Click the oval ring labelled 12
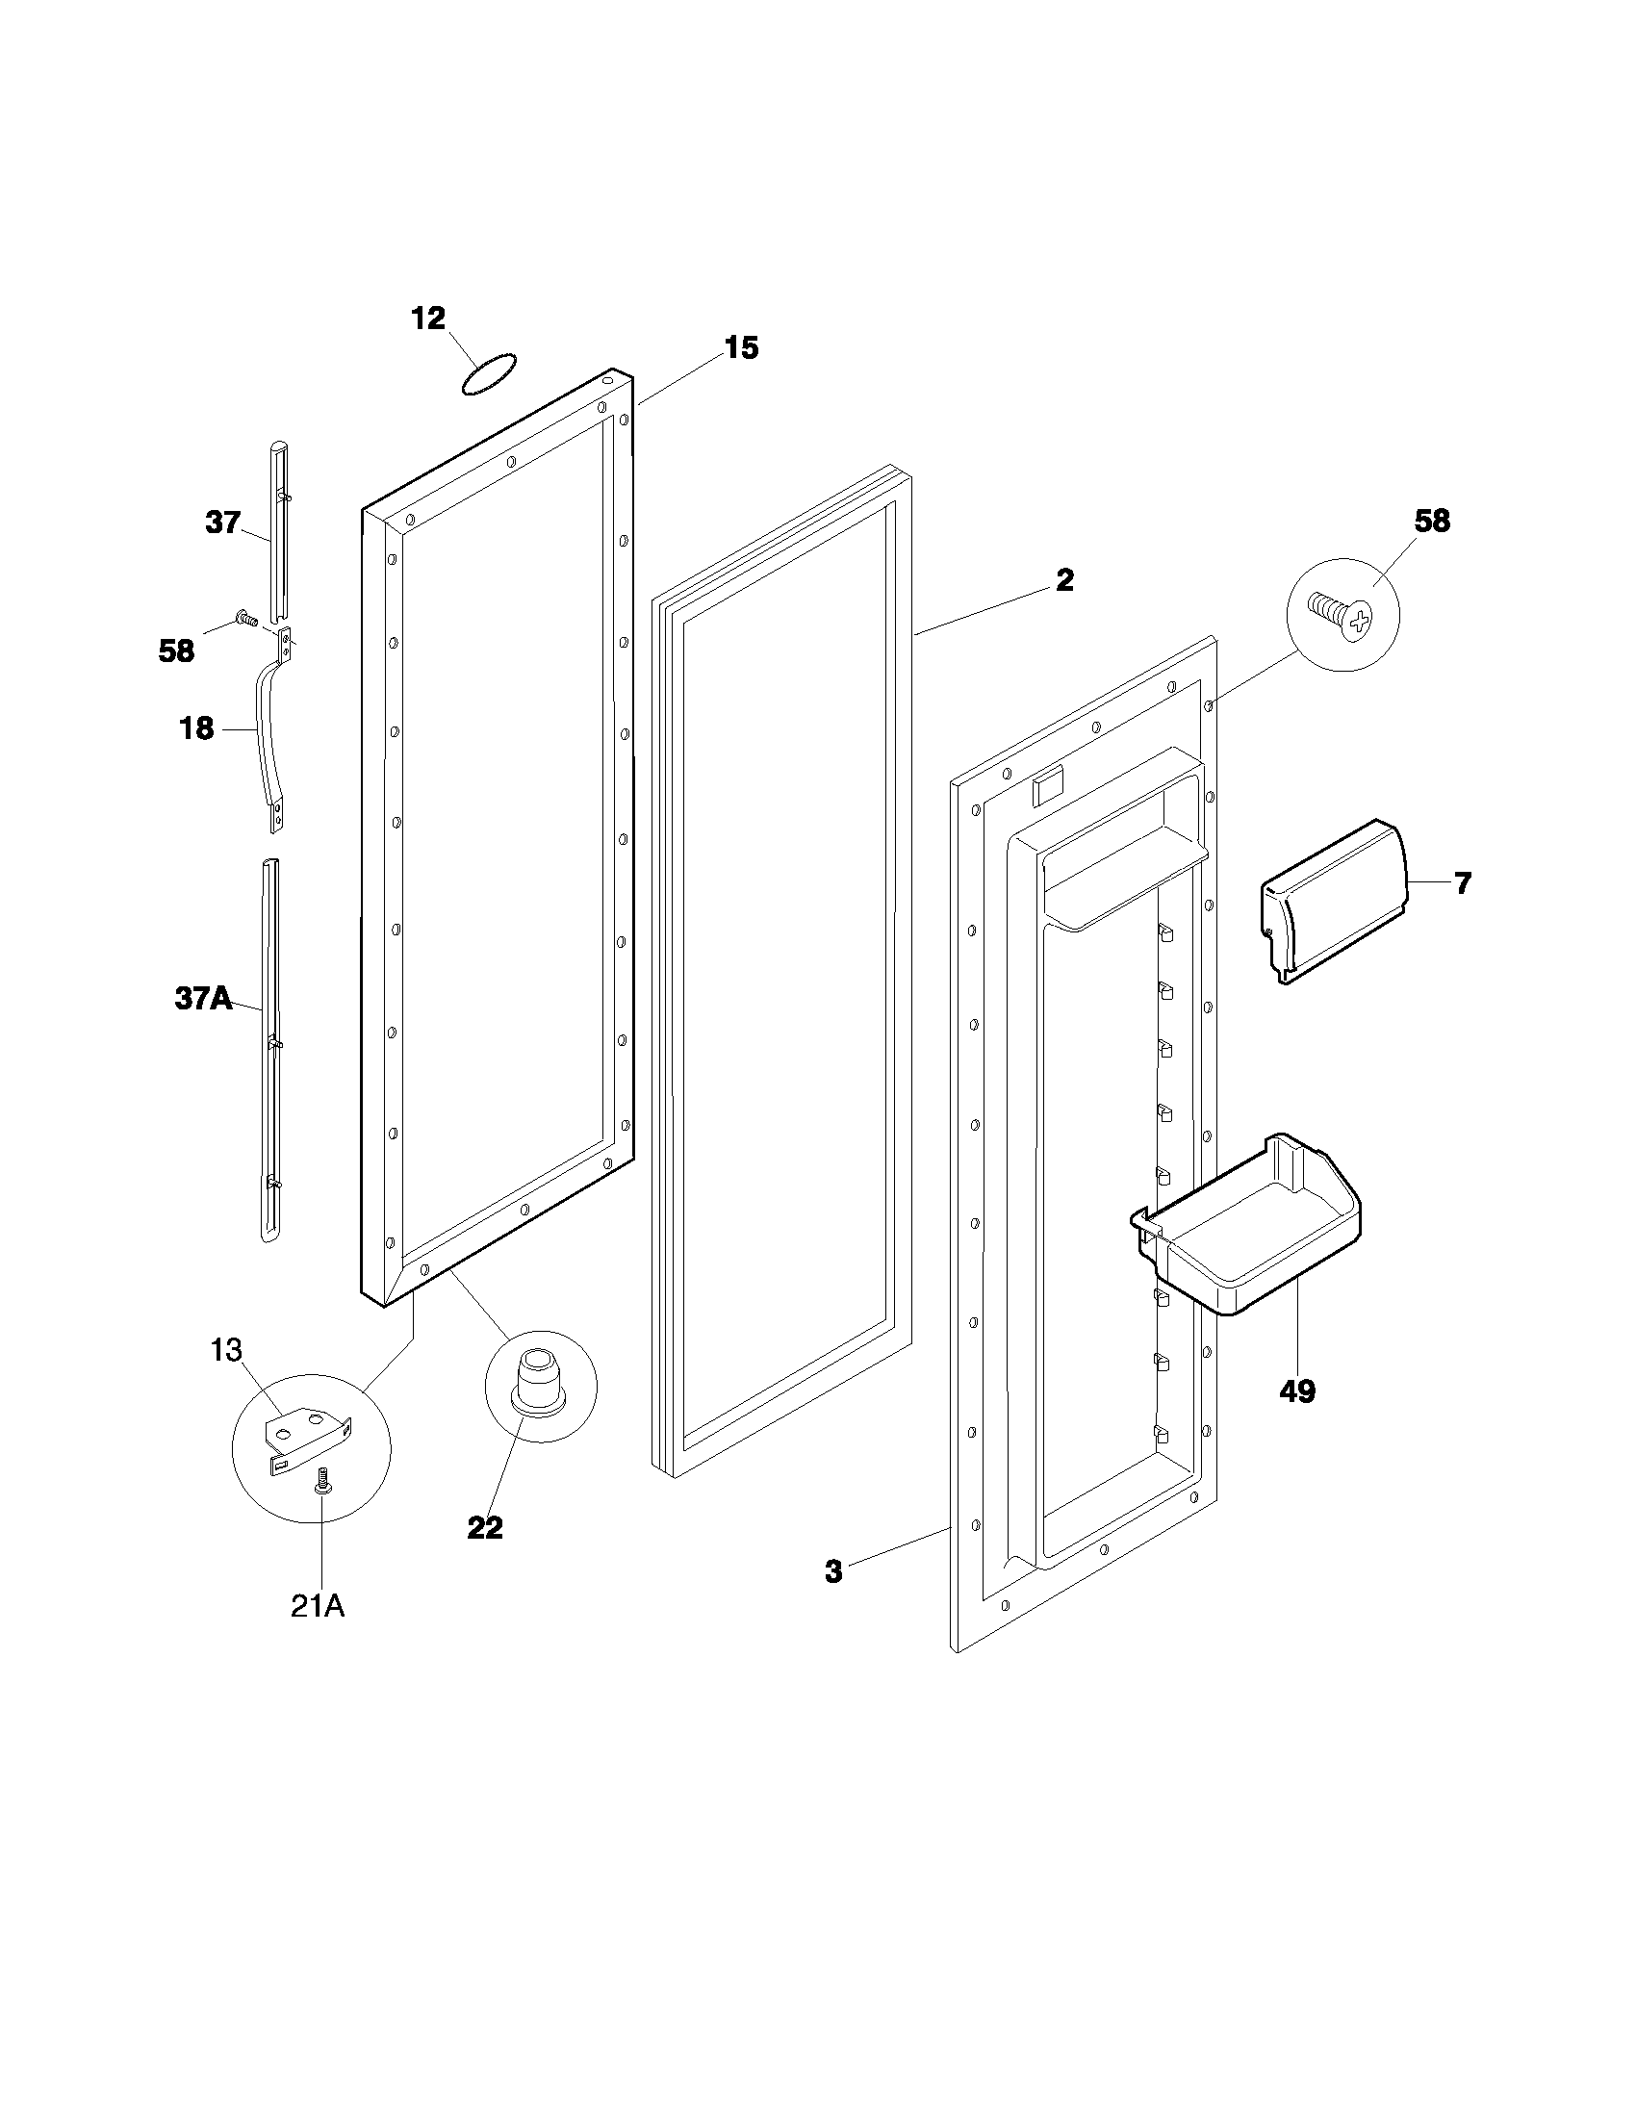tap(489, 374)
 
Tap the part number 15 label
tap(741, 348)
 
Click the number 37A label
tap(203, 999)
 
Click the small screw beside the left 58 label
tap(246, 616)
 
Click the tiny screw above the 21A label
tap(324, 1482)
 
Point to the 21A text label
tap(318, 1606)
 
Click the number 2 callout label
tap(1063, 580)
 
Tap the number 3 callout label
tap(832, 1572)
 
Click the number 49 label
tap(1297, 1391)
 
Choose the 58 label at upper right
tap(1432, 521)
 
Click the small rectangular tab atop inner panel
tap(1048, 787)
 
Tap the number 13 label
tap(226, 1349)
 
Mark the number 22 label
tap(485, 1528)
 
